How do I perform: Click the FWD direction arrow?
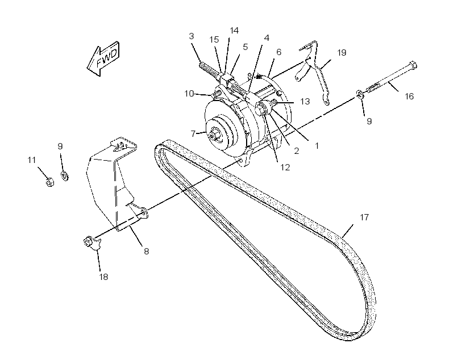pos(103,58)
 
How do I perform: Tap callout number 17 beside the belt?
pos(364,217)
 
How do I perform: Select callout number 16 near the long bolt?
pos(409,96)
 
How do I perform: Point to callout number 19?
pos(342,53)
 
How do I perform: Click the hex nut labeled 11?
pos(50,182)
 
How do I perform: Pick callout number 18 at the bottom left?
pos(103,277)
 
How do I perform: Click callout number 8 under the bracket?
pos(146,252)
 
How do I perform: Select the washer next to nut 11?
pos(64,175)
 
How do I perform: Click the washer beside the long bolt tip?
pos(360,95)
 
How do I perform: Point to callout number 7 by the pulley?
pos(193,134)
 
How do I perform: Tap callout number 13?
pos(305,102)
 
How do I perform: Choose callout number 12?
pos(285,168)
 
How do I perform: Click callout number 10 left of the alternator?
pos(189,94)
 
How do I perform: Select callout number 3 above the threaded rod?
pos(192,36)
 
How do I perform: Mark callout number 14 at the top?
pos(234,31)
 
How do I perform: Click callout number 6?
pos(279,52)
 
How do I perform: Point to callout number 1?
pos(317,146)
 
